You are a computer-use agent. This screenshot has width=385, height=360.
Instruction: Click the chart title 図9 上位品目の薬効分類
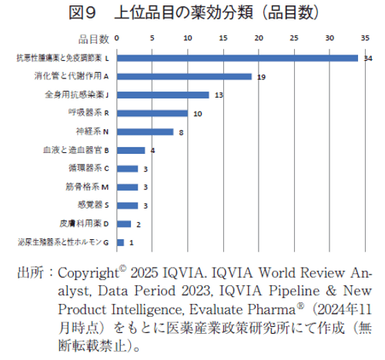click(192, 12)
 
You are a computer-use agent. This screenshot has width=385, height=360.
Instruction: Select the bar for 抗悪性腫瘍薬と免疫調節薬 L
click(237, 58)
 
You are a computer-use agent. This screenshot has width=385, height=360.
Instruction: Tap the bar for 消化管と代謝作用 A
click(184, 76)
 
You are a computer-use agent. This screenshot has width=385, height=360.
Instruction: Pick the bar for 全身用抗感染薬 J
click(162, 95)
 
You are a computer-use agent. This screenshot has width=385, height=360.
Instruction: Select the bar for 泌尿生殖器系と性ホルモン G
click(120, 242)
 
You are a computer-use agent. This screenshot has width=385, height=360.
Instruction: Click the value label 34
click(368, 58)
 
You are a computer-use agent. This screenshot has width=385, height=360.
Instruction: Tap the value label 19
click(262, 76)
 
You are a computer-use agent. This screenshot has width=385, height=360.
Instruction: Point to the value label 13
click(219, 95)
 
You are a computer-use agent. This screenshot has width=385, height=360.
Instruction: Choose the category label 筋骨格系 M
click(89, 187)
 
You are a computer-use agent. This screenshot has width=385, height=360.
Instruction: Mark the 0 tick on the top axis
click(116, 36)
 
